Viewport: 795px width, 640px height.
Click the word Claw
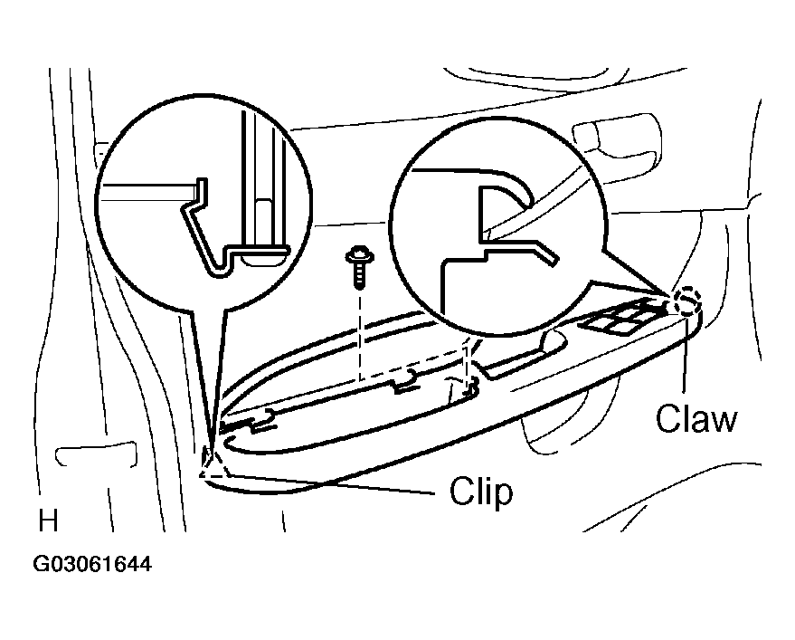pyautogui.click(x=696, y=418)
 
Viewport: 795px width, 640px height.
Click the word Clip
pyautogui.click(x=481, y=491)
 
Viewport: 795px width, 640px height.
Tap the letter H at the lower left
pyautogui.click(x=48, y=521)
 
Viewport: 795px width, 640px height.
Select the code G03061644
pyautogui.click(x=92, y=564)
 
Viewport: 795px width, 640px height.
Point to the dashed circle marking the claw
pyautogui.click(x=688, y=301)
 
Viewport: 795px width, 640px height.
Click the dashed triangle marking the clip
pyautogui.click(x=213, y=463)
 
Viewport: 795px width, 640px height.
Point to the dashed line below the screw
pyautogui.click(x=359, y=335)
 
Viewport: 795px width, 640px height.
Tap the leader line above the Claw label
pyautogui.click(x=685, y=355)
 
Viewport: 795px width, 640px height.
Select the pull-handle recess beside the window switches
pyautogui.click(x=527, y=354)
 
